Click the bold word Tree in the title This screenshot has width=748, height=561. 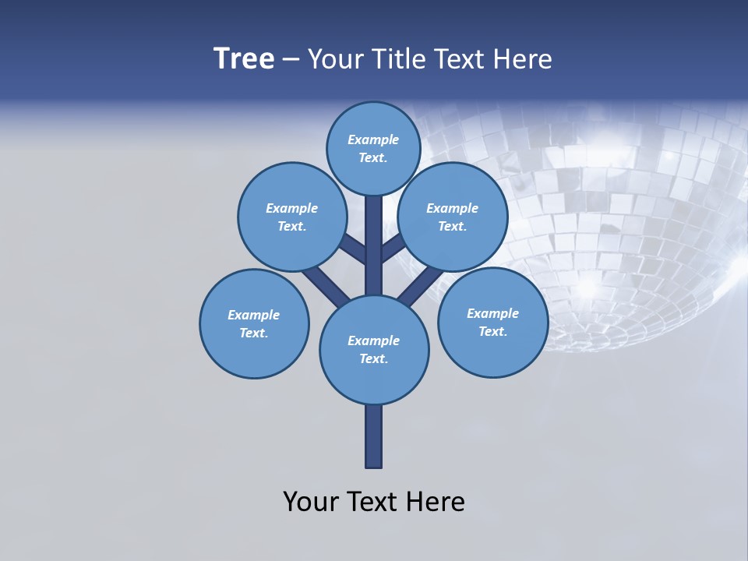(244, 59)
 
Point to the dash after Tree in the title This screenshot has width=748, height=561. (291, 60)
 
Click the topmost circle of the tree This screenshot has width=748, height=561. (373, 148)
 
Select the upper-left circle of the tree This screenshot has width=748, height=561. (291, 217)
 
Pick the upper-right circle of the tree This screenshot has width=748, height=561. (452, 217)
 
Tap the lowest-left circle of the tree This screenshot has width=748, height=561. (254, 323)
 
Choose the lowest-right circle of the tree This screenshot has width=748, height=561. (492, 322)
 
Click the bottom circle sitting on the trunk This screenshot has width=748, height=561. (374, 349)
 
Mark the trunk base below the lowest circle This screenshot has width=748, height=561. (374, 436)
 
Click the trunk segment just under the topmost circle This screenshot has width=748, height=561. (374, 234)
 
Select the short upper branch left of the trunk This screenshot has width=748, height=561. (354, 249)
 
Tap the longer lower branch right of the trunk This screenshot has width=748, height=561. (421, 285)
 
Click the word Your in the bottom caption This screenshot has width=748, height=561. (310, 501)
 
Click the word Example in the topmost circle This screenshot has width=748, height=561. (373, 139)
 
